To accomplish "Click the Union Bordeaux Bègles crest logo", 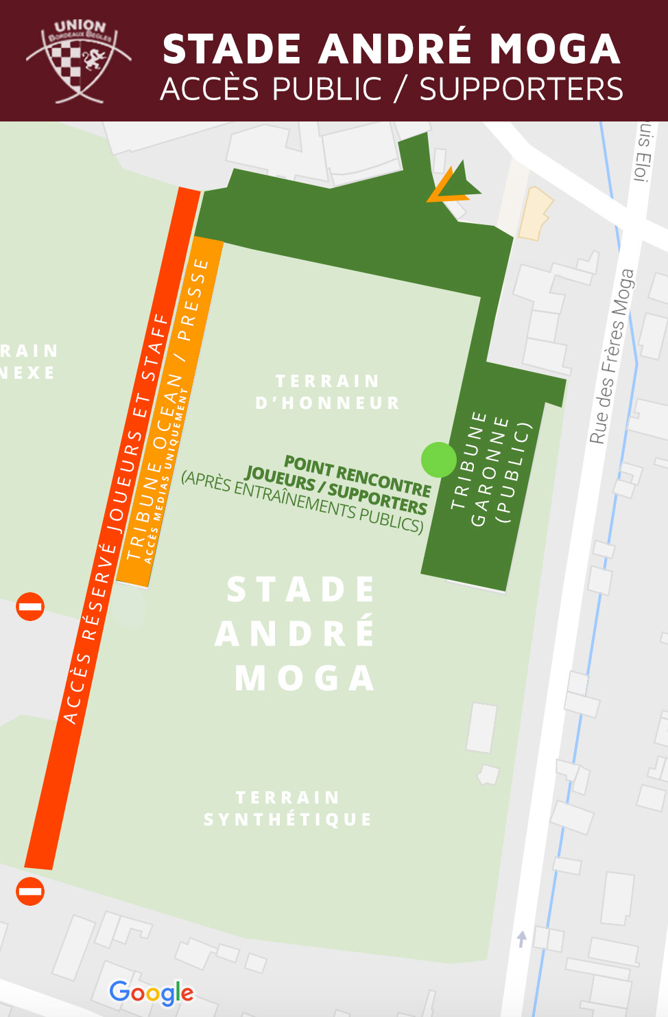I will [x=78, y=61].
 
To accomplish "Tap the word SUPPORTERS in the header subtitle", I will [x=521, y=90].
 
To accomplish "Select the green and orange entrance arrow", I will [x=453, y=183].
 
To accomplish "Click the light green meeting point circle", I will [x=438, y=460].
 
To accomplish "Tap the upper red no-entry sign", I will [x=30, y=607].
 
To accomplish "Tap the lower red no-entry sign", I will [x=30, y=891].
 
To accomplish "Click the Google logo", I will [x=152, y=992].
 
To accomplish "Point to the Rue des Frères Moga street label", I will [x=612, y=356].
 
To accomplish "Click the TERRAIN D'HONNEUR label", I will [x=327, y=392].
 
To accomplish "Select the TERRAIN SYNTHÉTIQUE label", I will [x=288, y=808].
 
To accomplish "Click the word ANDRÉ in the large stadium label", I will [x=296, y=633].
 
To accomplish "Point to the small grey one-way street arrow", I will [x=522, y=938].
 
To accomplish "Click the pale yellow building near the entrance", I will [x=534, y=213].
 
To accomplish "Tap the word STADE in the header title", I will [x=232, y=49].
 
